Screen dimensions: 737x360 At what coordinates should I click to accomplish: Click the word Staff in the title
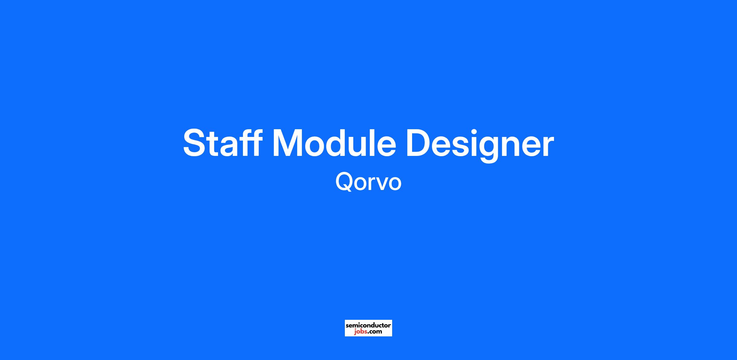(223, 143)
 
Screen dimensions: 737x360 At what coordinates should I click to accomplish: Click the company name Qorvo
(368, 181)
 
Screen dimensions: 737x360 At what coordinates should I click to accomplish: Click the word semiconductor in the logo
(368, 325)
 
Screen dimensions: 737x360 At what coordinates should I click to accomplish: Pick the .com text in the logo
(375, 331)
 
